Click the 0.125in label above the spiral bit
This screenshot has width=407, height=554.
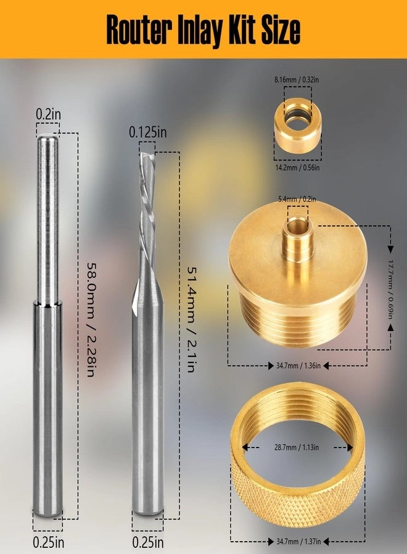(147, 132)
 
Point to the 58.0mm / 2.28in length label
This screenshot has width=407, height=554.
(90, 322)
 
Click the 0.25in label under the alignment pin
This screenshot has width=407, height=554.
(47, 543)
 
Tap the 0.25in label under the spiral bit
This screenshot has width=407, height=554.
(148, 543)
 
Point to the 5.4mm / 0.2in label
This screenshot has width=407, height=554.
(297, 199)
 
